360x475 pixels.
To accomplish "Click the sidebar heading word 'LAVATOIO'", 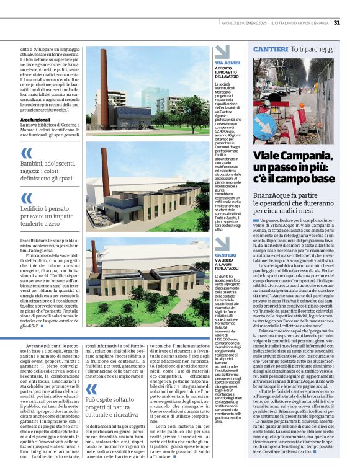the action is click(x=232, y=74).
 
